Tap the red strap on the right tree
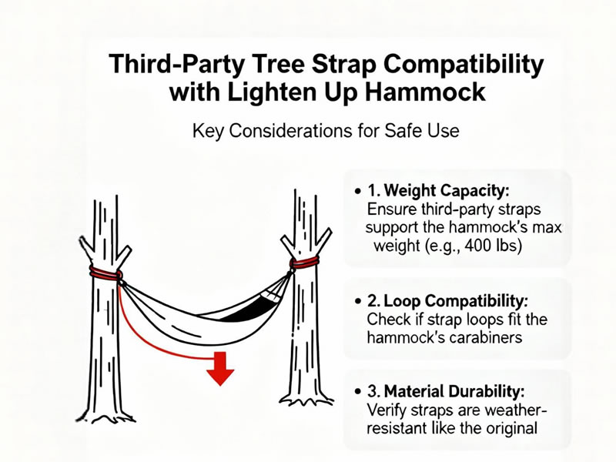304,262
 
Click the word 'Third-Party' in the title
176,64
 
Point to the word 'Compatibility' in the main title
464,65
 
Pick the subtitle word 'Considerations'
290,131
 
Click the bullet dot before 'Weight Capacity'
357,192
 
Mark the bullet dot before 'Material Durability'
357,392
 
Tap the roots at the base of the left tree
106,417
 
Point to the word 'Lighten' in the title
272,93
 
